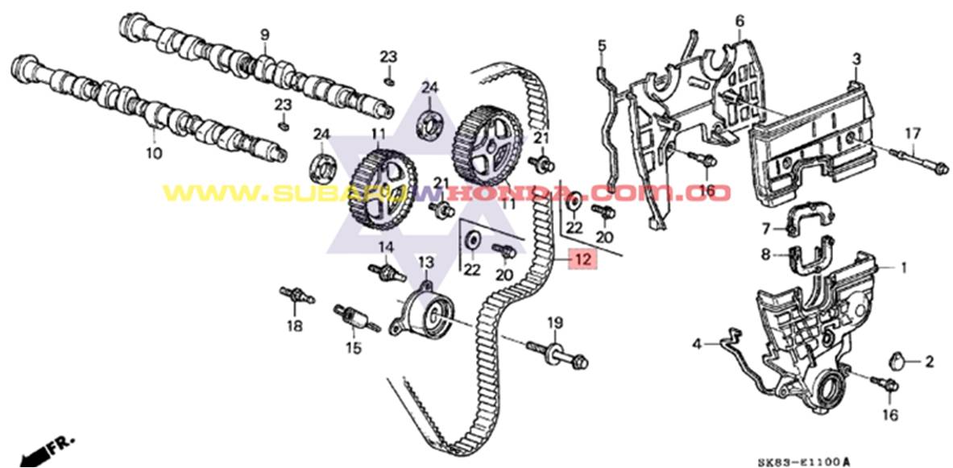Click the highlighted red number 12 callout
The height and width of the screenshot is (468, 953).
click(582, 259)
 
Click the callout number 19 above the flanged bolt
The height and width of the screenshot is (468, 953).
click(554, 324)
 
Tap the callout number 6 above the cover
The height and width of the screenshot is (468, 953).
click(739, 20)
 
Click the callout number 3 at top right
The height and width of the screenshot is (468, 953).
click(856, 59)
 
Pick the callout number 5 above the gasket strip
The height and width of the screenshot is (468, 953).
click(601, 45)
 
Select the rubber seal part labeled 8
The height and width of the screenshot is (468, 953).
click(809, 259)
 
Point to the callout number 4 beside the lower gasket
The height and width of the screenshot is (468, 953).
click(697, 345)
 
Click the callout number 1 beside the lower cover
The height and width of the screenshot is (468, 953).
click(903, 266)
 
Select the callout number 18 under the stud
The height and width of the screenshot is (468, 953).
click(294, 326)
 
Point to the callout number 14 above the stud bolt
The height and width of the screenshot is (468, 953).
click(386, 246)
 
